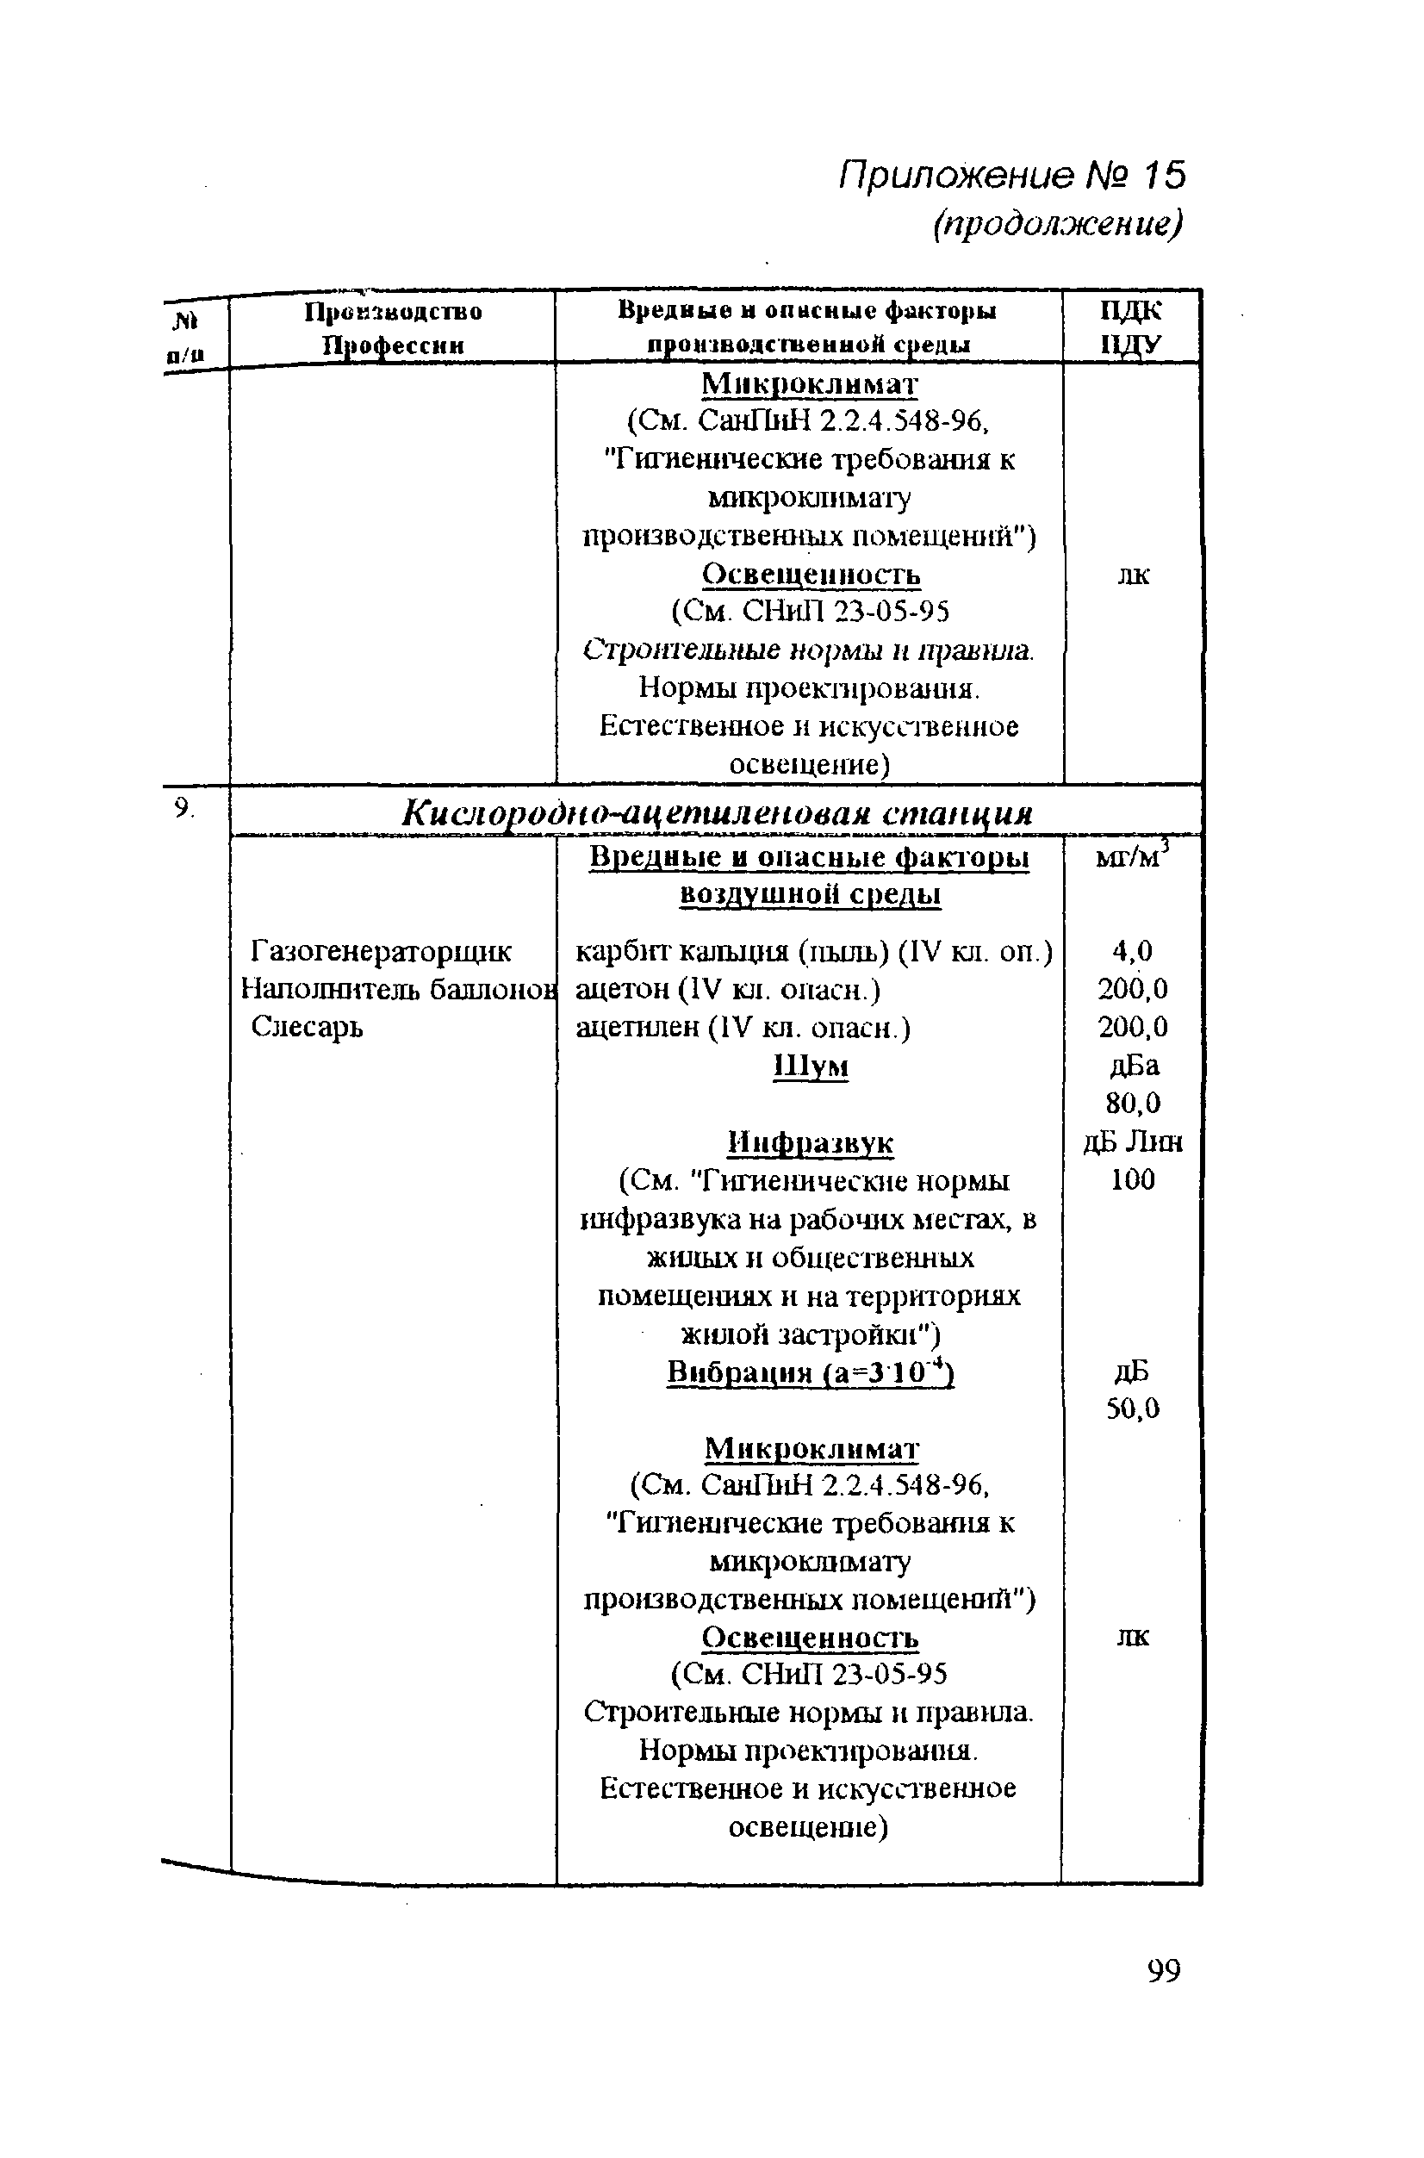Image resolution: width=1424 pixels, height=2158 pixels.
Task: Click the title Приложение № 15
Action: coord(1011,175)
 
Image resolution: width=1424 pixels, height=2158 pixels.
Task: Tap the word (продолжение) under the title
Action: coord(1058,223)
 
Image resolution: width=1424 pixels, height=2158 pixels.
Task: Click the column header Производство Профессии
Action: coord(393,328)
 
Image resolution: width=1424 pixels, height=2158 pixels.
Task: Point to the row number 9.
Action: coord(184,807)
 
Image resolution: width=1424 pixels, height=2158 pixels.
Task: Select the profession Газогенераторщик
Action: coord(381,951)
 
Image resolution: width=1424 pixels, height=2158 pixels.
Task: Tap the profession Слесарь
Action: coord(307,1026)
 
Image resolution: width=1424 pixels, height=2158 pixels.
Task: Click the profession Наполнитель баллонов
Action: coord(398,988)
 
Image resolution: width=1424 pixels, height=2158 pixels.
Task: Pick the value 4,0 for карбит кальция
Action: coord(1133,951)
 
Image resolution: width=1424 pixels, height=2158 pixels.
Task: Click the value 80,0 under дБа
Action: coord(1133,1103)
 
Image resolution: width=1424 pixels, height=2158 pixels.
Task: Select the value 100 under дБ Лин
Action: coord(1133,1180)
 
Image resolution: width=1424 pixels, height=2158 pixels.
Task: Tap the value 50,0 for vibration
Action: coord(1133,1409)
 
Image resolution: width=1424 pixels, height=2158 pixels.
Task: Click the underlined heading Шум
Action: coord(810,1066)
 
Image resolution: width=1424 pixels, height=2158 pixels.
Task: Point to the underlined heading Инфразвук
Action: coord(810,1141)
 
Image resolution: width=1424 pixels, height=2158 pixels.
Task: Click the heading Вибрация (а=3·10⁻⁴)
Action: coord(810,1371)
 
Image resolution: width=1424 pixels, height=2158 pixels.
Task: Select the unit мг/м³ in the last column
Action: coord(1133,856)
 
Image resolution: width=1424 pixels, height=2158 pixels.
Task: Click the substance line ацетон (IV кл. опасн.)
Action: coord(728,989)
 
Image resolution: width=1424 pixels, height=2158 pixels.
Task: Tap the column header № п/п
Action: coord(185,337)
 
